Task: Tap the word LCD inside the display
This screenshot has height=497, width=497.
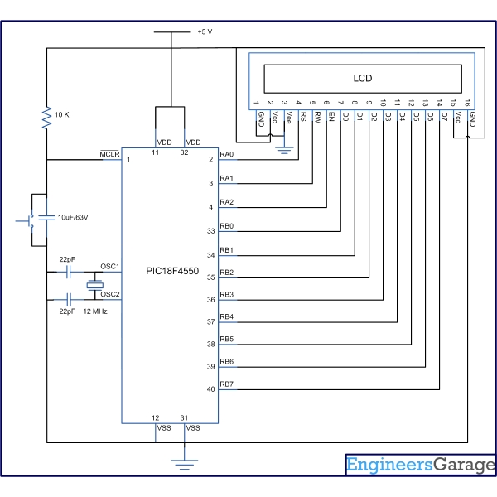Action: pyautogui.click(x=363, y=78)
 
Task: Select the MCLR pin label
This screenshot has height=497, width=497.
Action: pyautogui.click(x=109, y=153)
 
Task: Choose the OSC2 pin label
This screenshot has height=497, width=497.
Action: pyautogui.click(x=110, y=293)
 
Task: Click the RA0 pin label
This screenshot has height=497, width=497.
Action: pyautogui.click(x=227, y=154)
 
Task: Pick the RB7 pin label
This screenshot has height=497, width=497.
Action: pyautogui.click(x=227, y=384)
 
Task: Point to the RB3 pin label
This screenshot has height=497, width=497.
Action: pyautogui.click(x=227, y=294)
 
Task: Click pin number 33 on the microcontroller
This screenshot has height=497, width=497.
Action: pyautogui.click(x=211, y=231)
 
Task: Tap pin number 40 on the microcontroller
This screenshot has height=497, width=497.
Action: pyautogui.click(x=211, y=389)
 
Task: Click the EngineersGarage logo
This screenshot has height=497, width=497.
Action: pyautogui.click(x=420, y=466)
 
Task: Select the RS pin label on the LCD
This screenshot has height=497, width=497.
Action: pyautogui.click(x=304, y=118)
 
